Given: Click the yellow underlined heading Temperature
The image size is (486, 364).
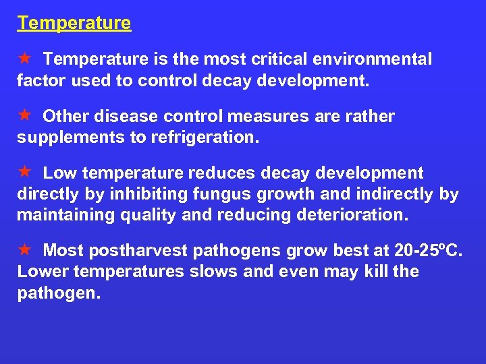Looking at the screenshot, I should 74,23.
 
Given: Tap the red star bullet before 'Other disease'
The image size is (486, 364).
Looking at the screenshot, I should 24,115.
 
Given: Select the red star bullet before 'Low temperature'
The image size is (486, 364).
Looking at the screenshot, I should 24,173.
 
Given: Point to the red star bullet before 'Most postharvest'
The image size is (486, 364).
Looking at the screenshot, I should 24,250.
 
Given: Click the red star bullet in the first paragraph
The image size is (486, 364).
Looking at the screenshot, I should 24,59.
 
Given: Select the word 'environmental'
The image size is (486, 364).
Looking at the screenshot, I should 369,59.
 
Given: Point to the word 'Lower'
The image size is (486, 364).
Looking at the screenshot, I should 39,272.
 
